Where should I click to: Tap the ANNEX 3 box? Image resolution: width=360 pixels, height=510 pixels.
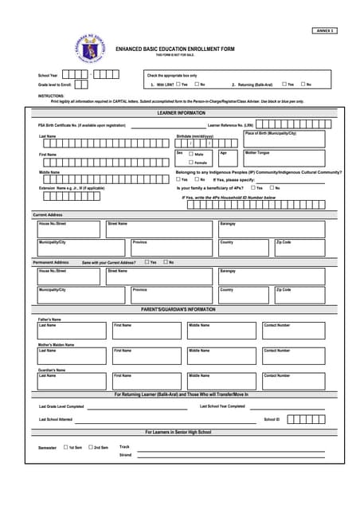click(x=325, y=29)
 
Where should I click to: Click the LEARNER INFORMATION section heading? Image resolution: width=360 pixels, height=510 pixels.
click(x=181, y=113)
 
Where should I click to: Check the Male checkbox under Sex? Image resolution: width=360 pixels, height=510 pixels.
click(x=190, y=154)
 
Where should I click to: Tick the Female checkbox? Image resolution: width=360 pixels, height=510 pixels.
click(x=190, y=163)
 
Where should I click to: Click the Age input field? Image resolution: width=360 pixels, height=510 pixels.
click(x=229, y=158)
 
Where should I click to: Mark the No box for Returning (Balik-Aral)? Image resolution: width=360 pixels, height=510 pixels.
click(x=303, y=84)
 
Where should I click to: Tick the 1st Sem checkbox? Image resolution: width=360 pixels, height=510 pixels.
click(x=66, y=447)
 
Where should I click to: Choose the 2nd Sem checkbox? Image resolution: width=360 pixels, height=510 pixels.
click(x=91, y=447)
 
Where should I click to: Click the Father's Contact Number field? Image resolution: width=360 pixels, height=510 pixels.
click(x=293, y=331)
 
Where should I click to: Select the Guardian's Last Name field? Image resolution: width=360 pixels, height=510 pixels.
click(x=71, y=381)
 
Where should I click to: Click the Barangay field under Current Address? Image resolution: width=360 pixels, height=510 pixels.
click(x=271, y=229)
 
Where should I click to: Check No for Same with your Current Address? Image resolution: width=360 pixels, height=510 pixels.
click(x=166, y=261)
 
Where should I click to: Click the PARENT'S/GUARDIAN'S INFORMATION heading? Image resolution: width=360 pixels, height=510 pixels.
click(x=178, y=309)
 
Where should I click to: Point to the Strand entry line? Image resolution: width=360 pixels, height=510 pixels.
click(x=231, y=456)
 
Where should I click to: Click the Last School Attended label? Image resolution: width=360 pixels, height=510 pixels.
click(x=56, y=419)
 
